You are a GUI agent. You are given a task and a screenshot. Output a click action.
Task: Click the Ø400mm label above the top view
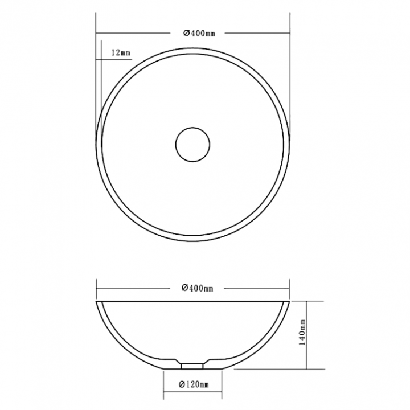point(199,34)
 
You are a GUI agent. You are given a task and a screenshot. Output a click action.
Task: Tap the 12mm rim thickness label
point(121,52)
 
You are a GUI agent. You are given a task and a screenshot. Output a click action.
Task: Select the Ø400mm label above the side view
point(198,288)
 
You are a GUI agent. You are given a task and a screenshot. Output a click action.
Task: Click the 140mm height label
point(302,332)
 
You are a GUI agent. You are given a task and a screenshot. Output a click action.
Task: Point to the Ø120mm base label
point(194,384)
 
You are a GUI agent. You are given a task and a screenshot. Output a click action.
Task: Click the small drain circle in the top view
point(192,128)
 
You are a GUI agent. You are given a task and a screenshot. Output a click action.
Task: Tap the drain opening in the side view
point(192,366)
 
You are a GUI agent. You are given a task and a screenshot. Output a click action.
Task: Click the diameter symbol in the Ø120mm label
point(182,384)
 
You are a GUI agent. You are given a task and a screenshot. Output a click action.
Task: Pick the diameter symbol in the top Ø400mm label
point(186,33)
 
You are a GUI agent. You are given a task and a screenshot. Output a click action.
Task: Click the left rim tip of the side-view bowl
point(96,301)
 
